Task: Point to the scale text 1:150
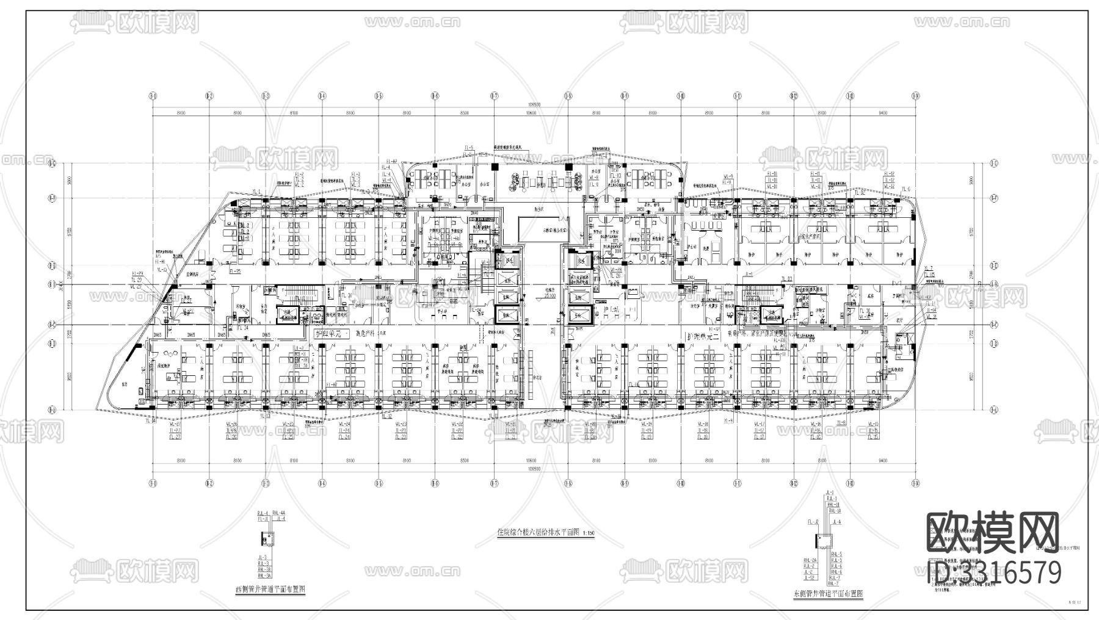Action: (589, 533)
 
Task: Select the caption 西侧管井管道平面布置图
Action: (270, 589)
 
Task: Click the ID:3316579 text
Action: (995, 573)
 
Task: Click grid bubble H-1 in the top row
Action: (152, 96)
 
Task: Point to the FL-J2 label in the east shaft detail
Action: (813, 522)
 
